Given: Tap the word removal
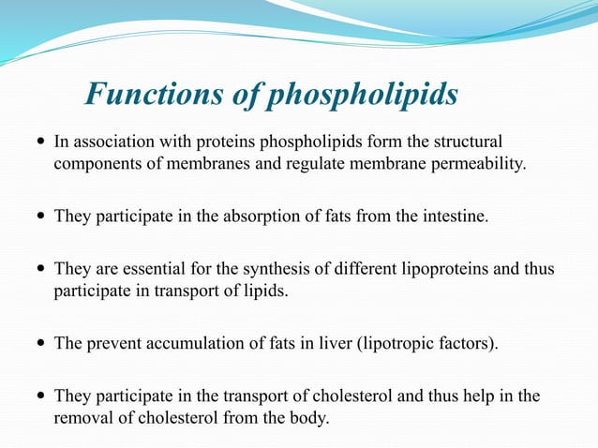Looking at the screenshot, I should (x=83, y=418).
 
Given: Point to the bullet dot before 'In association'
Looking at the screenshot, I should (x=39, y=143).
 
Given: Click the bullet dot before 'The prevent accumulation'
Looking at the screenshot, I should (x=39, y=344).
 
